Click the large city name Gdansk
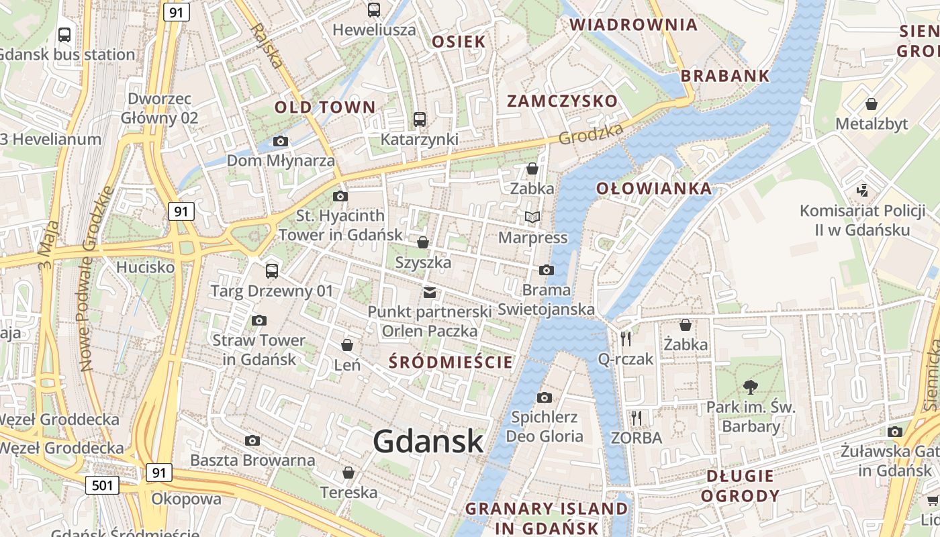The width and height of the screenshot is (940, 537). pos(428,441)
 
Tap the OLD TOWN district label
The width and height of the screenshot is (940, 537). pos(325,107)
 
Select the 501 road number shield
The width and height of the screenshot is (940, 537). pos(102,485)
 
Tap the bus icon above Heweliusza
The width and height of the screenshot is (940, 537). pos(374,10)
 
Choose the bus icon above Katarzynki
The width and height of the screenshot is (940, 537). pos(420,119)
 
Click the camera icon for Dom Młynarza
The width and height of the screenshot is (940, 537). pos(281,141)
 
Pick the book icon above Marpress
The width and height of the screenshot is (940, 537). pos(532,217)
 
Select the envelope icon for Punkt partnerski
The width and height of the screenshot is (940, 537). pos(430,292)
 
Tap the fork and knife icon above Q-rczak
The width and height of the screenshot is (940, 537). pos(626,338)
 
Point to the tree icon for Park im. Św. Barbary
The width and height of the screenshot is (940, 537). pos(751,387)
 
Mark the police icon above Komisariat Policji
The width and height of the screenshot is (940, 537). pos(863,191)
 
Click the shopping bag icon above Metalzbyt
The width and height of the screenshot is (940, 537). pos(872,104)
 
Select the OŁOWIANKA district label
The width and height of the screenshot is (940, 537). pos(654,189)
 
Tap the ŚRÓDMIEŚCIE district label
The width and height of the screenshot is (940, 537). pos(451,362)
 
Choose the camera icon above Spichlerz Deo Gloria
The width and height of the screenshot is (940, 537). pos(545,397)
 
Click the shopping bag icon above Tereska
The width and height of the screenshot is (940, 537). pos(348,473)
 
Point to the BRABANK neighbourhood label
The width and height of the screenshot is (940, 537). pos(725,76)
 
